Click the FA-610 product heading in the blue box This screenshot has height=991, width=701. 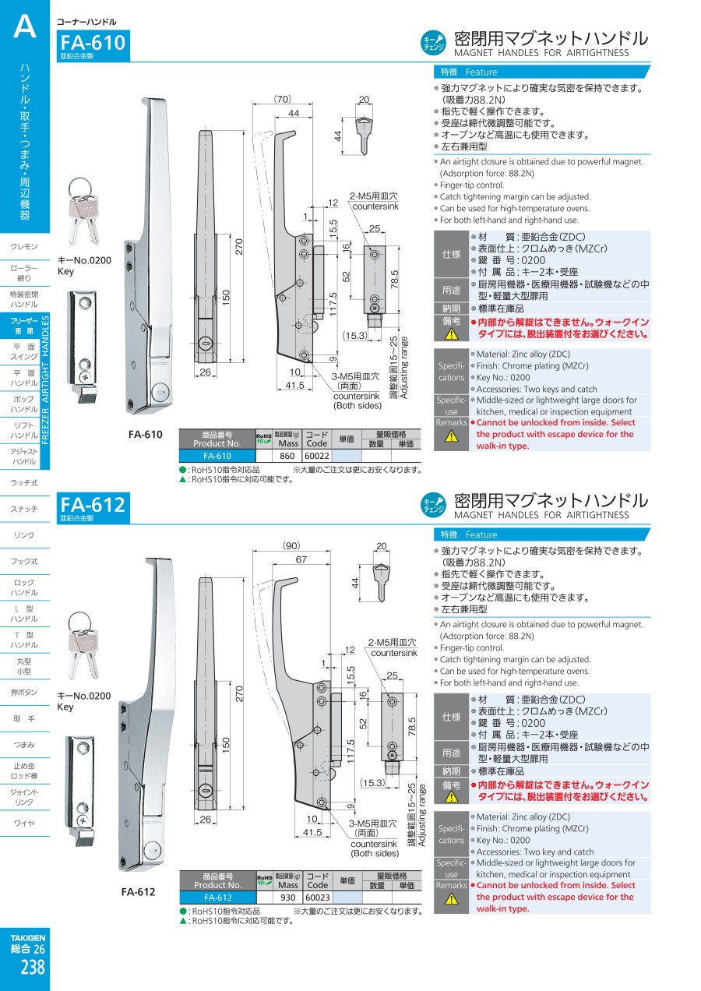tap(93, 43)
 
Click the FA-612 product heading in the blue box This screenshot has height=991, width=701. tap(93, 504)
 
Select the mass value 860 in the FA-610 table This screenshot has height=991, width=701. tap(287, 456)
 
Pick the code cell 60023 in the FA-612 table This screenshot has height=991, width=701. tap(318, 898)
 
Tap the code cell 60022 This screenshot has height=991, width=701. tap(317, 456)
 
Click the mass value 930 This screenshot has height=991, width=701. tap(288, 898)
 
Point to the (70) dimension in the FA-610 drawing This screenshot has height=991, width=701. tap(283, 99)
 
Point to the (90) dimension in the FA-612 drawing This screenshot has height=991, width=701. tap(291, 545)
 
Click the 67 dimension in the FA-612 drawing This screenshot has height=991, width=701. tap(301, 559)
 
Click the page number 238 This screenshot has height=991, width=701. tap(33, 967)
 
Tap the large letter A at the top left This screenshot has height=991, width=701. tap(25, 27)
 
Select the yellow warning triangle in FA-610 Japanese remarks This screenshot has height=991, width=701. tap(451, 334)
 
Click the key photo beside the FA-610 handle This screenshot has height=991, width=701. tap(83, 211)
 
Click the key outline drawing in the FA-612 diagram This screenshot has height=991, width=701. tap(381, 582)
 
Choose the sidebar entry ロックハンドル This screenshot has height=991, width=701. tap(24, 587)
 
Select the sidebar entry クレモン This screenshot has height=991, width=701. tap(24, 246)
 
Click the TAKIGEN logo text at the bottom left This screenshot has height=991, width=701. tap(28, 937)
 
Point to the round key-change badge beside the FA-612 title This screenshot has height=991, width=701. tap(433, 505)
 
